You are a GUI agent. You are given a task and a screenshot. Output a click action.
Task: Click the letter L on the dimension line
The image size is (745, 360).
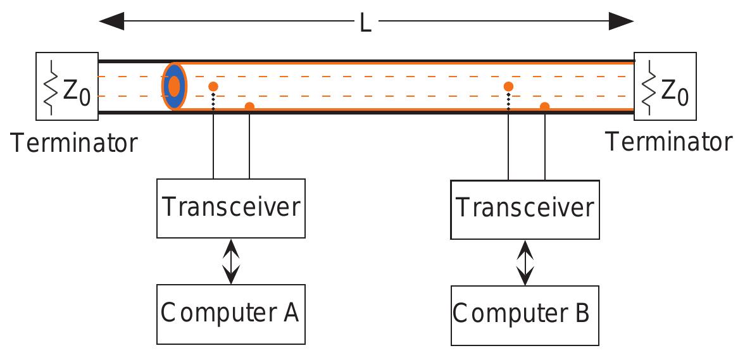pos(365,23)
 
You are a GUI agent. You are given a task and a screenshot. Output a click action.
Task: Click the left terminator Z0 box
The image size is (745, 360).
pos(67,86)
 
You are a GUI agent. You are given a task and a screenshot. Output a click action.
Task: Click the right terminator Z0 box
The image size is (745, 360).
pos(665,86)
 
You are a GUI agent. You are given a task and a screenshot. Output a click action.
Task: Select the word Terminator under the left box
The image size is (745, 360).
pos(73,143)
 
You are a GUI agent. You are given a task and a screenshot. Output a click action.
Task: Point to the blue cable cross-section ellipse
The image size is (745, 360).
pos(174,86)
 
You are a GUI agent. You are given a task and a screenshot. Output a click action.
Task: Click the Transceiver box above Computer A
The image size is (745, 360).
pos(231,208)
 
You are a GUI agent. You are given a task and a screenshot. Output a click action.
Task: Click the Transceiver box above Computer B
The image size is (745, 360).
pos(525,209)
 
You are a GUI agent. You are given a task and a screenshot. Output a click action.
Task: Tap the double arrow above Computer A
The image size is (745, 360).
pos(232,261)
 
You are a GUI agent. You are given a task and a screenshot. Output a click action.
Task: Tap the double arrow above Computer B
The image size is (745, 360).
pos(525,263)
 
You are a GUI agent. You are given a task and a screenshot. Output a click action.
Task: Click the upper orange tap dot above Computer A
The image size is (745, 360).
pos(213,87)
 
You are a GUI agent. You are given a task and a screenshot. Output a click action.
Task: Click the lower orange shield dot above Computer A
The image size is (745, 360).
pos(249,106)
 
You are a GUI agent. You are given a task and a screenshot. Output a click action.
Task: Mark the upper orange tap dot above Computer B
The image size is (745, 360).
pos(508,87)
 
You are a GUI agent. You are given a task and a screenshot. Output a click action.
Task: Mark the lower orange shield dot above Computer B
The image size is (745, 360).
pos(544,106)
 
